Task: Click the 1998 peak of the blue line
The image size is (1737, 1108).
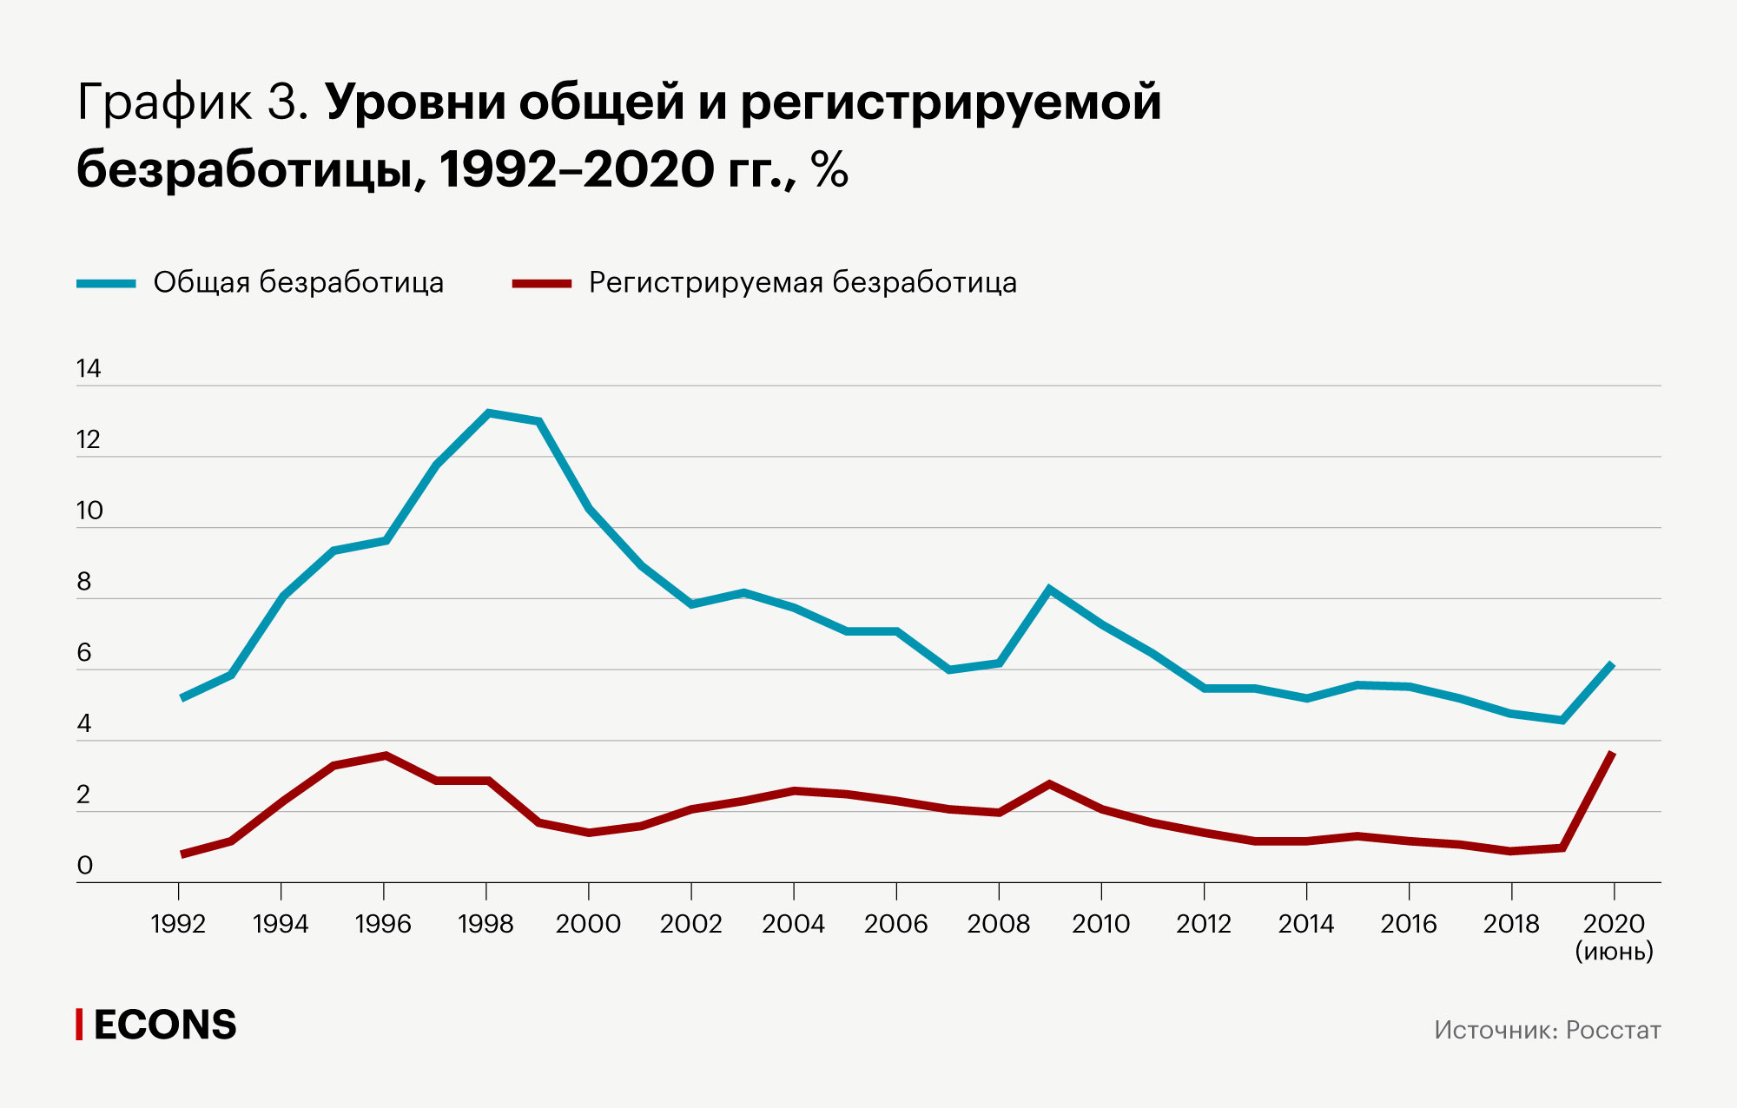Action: coord(488,413)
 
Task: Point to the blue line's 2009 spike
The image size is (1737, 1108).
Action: coord(1050,590)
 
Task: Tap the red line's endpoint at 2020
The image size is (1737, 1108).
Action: coord(1613,753)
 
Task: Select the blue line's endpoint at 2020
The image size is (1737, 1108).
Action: coord(1613,664)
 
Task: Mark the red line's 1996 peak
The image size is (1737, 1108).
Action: coord(385,755)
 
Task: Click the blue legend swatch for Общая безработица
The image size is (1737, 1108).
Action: coord(106,283)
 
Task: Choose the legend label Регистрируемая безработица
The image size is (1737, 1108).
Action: coord(802,283)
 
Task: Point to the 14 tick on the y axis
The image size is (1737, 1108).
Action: coord(89,369)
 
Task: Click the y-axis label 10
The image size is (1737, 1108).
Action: coord(89,511)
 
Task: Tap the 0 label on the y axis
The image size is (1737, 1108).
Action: coord(84,866)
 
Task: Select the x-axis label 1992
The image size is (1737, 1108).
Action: coord(178,924)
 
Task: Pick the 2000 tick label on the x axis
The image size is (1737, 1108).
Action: coord(588,924)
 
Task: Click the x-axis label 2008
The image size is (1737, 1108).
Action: coord(998,924)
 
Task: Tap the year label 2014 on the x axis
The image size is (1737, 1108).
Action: coord(1305,924)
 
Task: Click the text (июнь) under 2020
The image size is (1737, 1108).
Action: coord(1614,952)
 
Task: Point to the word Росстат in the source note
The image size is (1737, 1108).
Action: coord(1613,1031)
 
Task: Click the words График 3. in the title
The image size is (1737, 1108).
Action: coord(193,102)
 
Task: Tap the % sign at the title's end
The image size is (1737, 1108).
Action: coord(829,169)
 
